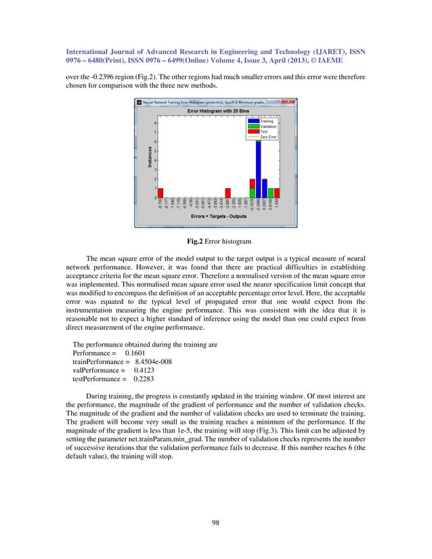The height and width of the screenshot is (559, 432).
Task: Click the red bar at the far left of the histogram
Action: point(160,193)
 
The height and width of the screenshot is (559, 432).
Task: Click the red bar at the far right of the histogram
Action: point(277,193)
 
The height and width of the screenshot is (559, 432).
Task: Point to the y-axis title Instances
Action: point(144,160)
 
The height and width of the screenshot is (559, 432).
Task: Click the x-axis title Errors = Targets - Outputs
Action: point(217,216)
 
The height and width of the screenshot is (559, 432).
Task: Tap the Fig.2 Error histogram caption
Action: point(216,240)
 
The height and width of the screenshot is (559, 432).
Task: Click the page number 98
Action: point(216,522)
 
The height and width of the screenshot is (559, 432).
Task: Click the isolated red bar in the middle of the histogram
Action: point(228,193)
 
